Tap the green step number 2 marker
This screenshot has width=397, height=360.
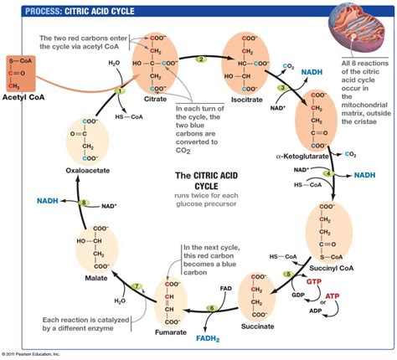click(x=200, y=59)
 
